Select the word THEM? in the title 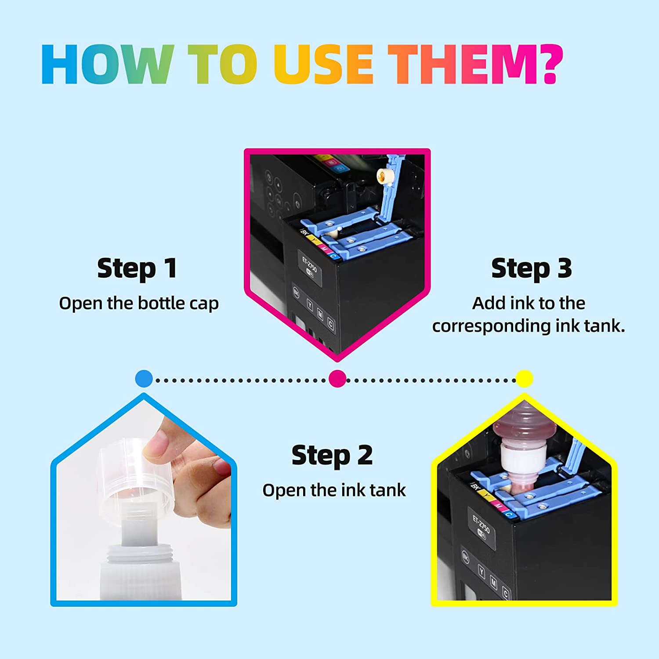[x=475, y=64]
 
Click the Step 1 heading [x=137, y=268]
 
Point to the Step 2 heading [x=332, y=455]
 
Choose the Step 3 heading [x=532, y=268]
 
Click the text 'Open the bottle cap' [x=139, y=304]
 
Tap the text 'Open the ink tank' [x=334, y=490]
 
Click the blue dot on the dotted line [x=144, y=379]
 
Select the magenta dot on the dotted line [x=337, y=379]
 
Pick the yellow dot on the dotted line [x=524, y=379]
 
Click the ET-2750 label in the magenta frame [x=309, y=263]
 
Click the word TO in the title [x=223, y=64]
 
